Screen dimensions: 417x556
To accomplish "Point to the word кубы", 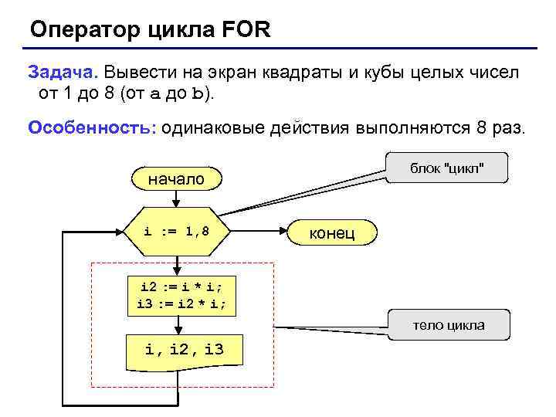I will [x=391, y=72].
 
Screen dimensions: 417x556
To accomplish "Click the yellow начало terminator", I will [x=176, y=179].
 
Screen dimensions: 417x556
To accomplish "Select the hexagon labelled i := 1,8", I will [x=177, y=231].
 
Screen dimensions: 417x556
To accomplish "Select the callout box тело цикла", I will [x=449, y=325].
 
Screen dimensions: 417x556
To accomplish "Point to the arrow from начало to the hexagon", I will [x=177, y=198].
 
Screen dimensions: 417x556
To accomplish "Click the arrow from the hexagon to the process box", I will [x=177, y=265].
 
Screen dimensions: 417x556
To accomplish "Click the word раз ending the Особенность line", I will [x=508, y=127].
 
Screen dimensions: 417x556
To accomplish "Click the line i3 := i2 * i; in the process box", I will [x=177, y=303].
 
